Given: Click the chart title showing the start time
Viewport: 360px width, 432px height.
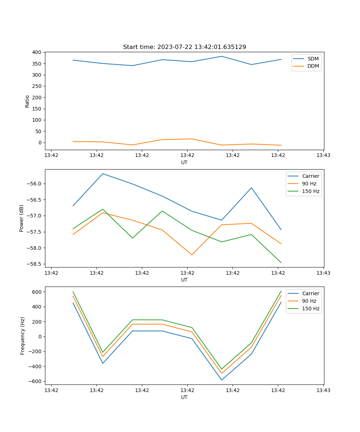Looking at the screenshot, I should (184, 47).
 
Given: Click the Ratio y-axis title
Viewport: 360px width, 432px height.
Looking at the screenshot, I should (27, 101).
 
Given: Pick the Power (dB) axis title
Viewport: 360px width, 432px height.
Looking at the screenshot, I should (22, 218).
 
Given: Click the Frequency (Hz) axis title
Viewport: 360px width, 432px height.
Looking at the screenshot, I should (22, 336).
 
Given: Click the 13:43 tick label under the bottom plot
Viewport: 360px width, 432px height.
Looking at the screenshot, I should (323, 390).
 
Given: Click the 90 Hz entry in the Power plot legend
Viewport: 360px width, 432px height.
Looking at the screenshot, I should (309, 184).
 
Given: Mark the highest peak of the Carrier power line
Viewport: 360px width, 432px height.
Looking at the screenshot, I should (103, 174).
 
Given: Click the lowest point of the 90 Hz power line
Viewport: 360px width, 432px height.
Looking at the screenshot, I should (192, 255).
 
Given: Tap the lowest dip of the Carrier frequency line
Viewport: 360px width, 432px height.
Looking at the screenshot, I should (222, 380).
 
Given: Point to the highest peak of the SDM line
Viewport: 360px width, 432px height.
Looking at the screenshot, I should (222, 56).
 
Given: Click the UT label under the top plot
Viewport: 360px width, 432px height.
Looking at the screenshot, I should (184, 162).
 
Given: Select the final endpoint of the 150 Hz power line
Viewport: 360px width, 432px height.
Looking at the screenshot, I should (281, 263).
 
